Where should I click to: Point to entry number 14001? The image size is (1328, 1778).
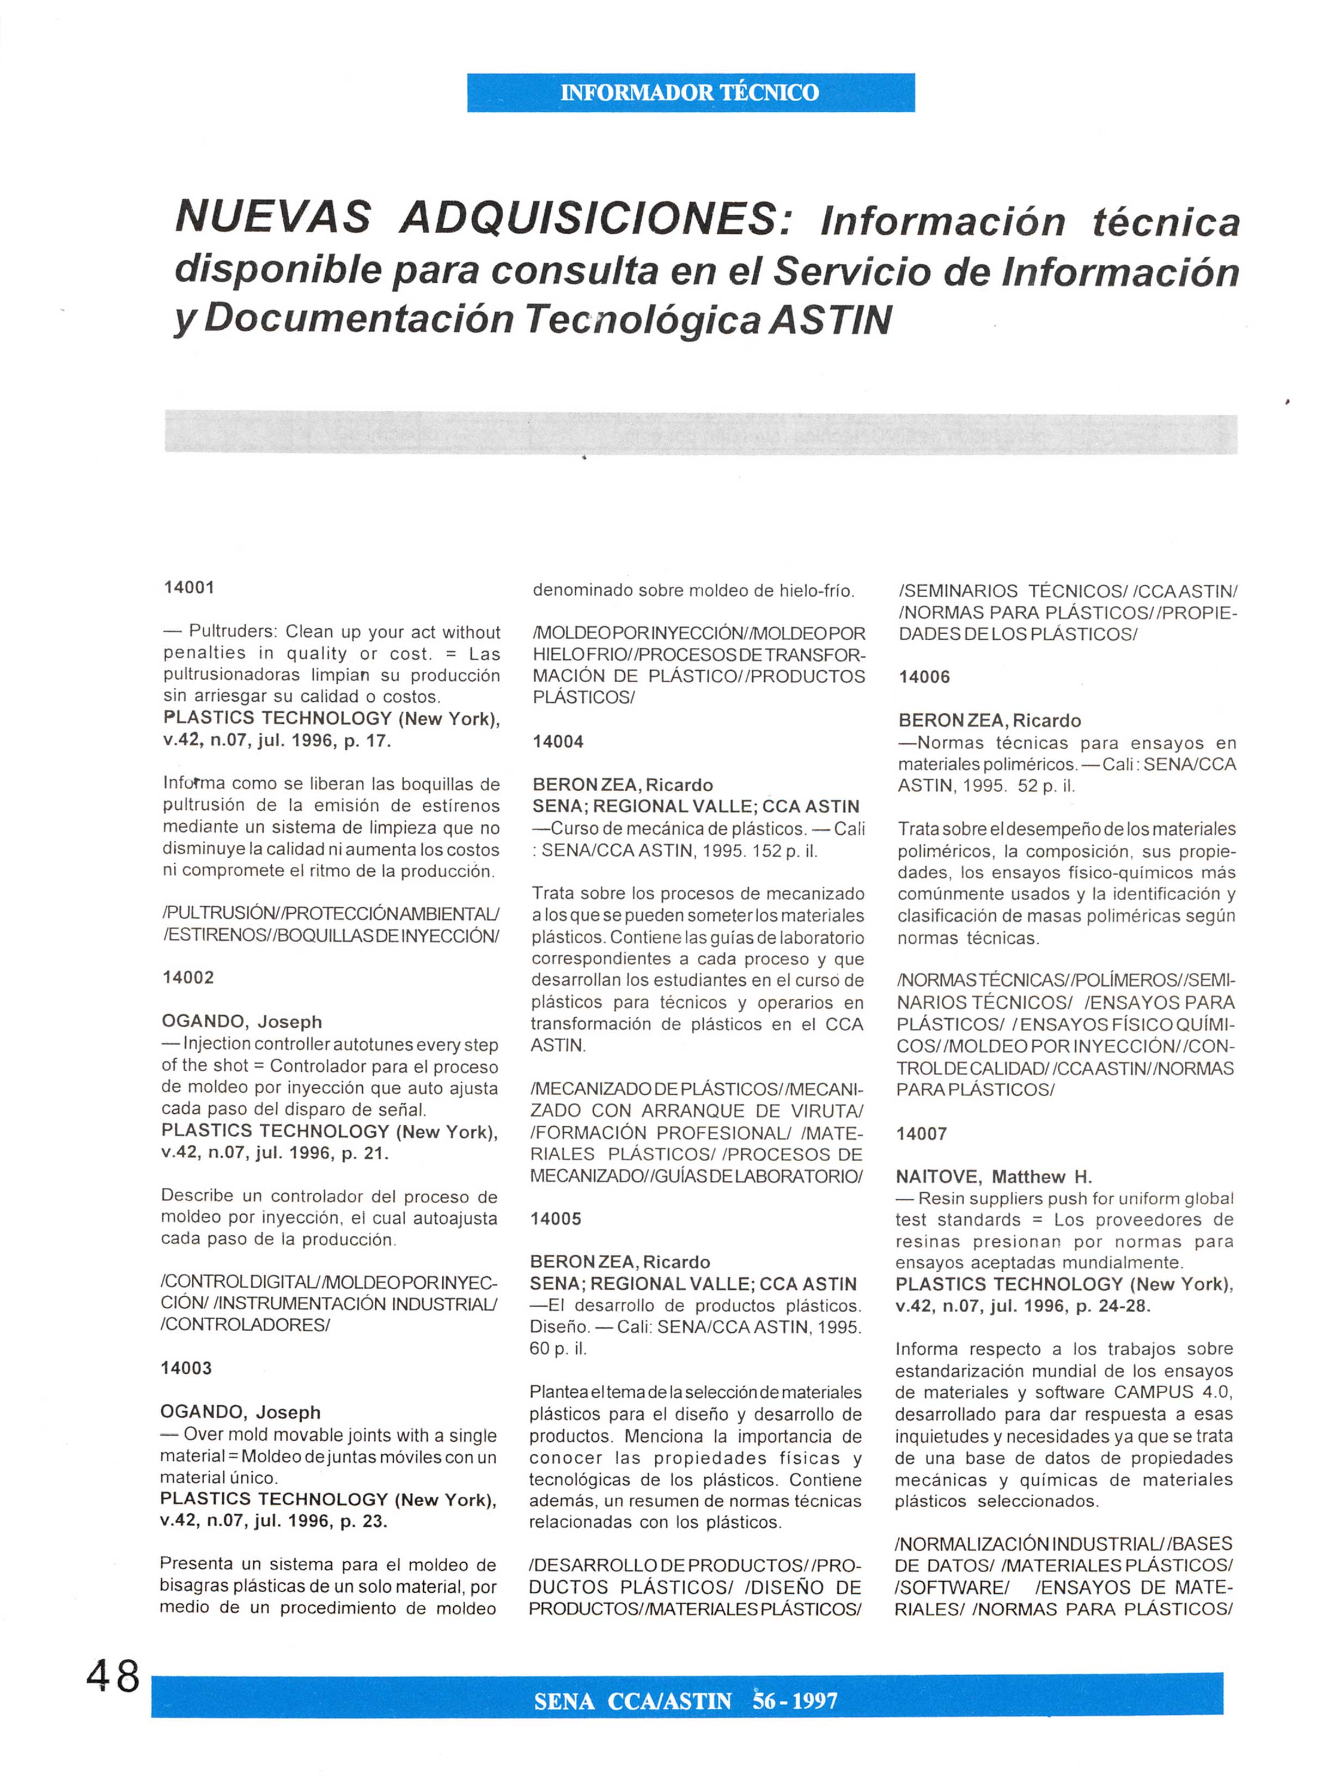[x=190, y=587]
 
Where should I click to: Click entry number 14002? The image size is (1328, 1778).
[x=188, y=978]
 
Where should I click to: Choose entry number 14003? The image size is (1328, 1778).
[x=186, y=1368]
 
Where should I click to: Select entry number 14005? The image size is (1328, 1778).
[x=556, y=1218]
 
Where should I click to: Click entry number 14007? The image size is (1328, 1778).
[x=922, y=1133]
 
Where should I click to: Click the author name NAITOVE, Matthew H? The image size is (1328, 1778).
[x=994, y=1177]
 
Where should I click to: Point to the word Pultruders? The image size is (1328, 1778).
[x=232, y=632]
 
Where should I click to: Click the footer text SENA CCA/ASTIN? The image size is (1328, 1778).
[x=632, y=1702]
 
